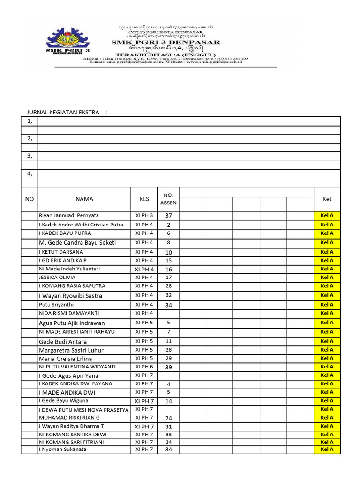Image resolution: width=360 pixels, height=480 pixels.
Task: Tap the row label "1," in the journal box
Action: click(30, 121)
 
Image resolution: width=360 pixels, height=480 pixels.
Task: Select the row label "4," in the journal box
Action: click(30, 173)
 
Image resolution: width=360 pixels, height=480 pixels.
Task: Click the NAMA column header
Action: click(84, 199)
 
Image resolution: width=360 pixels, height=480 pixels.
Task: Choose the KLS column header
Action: click(144, 199)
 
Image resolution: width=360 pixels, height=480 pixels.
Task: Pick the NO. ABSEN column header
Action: click(168, 199)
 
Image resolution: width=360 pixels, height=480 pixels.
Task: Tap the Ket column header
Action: click(327, 199)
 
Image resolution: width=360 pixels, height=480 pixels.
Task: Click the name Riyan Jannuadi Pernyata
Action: click(69, 216)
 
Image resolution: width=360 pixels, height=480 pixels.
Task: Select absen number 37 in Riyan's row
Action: click(168, 216)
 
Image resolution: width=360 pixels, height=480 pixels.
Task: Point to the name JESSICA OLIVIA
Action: click(57, 277)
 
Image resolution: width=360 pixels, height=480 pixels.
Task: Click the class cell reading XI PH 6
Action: click(144, 367)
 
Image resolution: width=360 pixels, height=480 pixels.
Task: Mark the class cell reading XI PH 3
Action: click(144, 216)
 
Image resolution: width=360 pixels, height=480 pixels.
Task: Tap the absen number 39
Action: click(168, 367)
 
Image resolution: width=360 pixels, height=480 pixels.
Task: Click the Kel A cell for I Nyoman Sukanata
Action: click(327, 450)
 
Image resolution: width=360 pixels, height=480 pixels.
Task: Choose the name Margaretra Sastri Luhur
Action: click(71, 350)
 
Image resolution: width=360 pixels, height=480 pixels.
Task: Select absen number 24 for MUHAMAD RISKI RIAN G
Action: click(168, 418)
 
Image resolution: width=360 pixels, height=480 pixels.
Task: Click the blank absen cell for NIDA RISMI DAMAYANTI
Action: click(168, 313)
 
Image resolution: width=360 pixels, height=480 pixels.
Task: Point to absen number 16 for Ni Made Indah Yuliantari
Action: click(168, 270)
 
